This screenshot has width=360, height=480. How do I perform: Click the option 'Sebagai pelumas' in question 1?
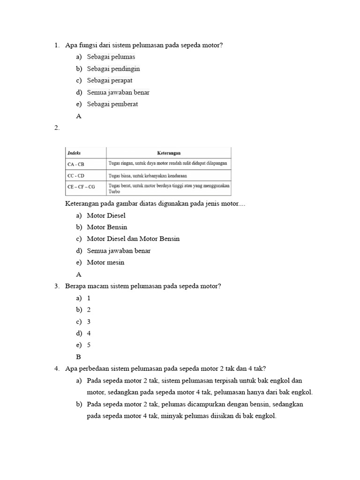click(x=111, y=57)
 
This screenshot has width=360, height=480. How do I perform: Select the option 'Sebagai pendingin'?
click(x=113, y=68)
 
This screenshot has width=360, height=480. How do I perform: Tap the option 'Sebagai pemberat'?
click(x=112, y=104)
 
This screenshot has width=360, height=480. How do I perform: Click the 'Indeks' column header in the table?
click(x=74, y=153)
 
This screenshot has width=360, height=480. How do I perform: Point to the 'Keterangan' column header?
click(x=168, y=153)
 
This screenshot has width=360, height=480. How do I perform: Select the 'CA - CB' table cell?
click(x=76, y=164)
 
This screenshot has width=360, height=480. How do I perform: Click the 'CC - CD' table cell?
click(x=76, y=176)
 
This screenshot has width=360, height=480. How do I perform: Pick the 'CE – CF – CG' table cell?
click(x=81, y=187)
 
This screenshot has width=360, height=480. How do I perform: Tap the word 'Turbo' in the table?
click(x=114, y=192)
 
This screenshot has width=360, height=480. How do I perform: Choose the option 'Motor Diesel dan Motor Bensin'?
click(x=133, y=239)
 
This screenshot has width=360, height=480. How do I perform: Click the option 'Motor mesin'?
click(x=105, y=262)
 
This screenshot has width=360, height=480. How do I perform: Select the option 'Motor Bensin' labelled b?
click(x=107, y=227)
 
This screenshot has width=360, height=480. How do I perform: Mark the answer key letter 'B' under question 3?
click(x=78, y=357)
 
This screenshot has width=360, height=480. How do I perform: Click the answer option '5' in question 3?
click(x=89, y=345)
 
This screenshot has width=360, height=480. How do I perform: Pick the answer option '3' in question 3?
click(x=89, y=322)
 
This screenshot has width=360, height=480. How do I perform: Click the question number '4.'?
click(x=57, y=368)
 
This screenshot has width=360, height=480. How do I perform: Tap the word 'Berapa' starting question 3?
click(x=75, y=286)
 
